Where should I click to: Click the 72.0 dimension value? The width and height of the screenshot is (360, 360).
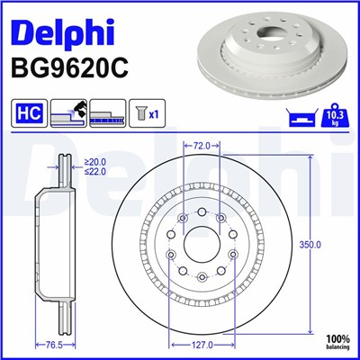[202, 144]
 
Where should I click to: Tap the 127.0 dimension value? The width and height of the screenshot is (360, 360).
[202, 345]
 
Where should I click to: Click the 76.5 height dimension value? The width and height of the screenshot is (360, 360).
[54, 345]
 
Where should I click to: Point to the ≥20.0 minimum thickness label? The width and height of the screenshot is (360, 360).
[94, 163]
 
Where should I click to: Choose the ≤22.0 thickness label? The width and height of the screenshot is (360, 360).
[94, 172]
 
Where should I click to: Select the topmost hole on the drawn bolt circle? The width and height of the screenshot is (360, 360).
[202, 210]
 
